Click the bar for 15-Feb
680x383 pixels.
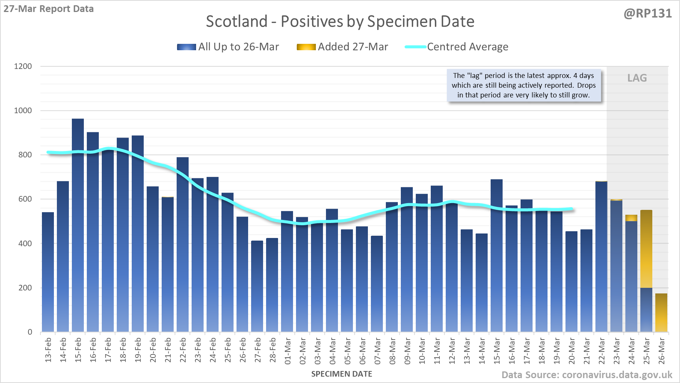[78, 225]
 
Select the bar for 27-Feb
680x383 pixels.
[257, 286]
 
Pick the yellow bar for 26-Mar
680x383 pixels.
[661, 313]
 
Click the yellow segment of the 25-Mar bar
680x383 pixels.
[646, 249]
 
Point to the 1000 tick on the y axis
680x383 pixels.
[23, 111]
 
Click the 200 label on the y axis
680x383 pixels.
[25, 288]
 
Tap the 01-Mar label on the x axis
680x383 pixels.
[288, 351]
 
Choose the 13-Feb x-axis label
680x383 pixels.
[48, 350]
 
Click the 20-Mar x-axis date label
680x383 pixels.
[572, 351]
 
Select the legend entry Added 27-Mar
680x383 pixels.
[342, 47]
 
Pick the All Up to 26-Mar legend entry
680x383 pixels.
[228, 47]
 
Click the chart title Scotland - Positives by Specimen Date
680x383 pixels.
[340, 21]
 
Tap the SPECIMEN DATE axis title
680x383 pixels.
[342, 374]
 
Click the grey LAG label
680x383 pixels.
[637, 78]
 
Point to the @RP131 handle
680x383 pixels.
[647, 13]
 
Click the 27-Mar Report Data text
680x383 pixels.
[49, 9]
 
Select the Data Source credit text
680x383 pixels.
[587, 375]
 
